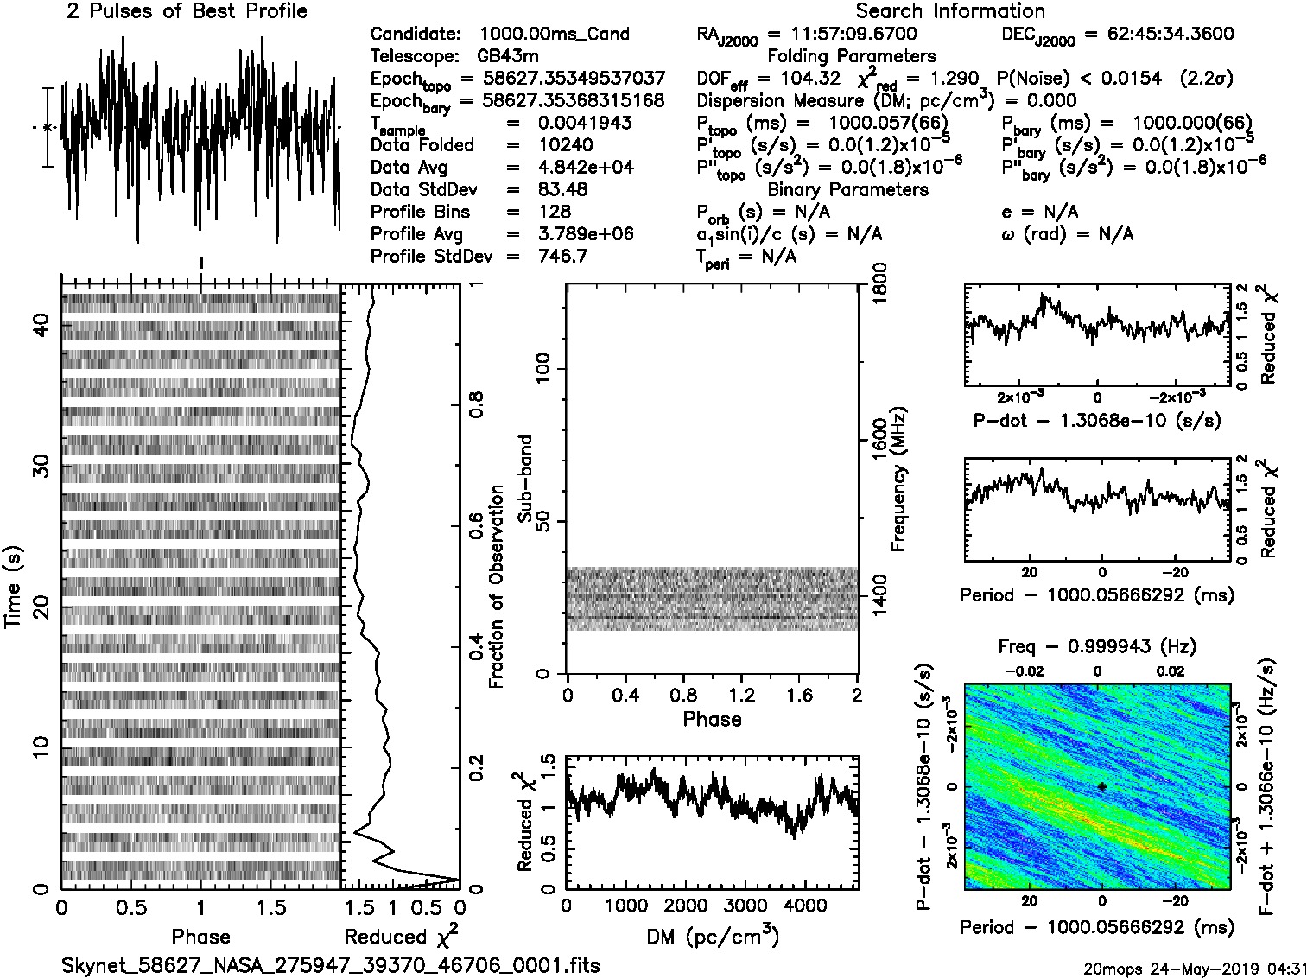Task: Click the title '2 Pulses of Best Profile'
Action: pyautogui.click(x=187, y=11)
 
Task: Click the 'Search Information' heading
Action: pyautogui.click(x=949, y=11)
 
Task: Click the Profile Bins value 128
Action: pyautogui.click(x=554, y=212)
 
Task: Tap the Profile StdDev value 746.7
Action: pyautogui.click(x=562, y=257)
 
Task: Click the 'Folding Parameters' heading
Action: pyautogui.click(x=851, y=56)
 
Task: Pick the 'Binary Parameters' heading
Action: pyautogui.click(x=847, y=190)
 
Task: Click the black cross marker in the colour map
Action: pyautogui.click(x=1102, y=787)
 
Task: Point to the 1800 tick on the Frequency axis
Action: pyautogui.click(x=879, y=285)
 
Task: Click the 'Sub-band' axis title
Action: pyautogui.click(x=524, y=479)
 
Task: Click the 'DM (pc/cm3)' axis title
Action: pyautogui.click(x=712, y=937)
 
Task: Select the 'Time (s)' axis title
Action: pyautogui.click(x=14, y=587)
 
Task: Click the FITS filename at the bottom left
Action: pyautogui.click(x=330, y=965)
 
